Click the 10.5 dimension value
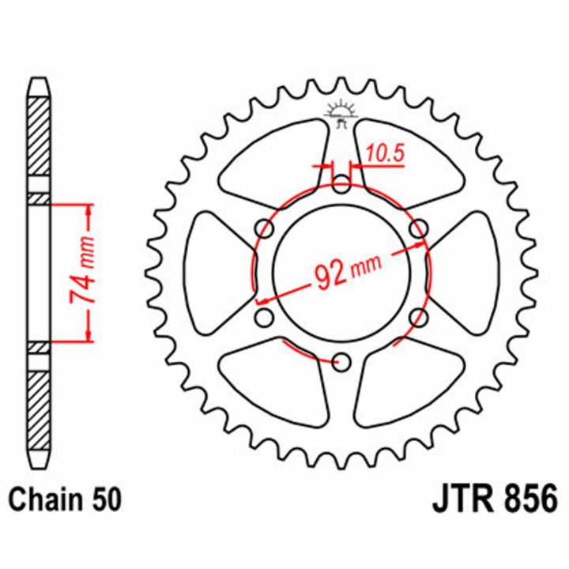385,153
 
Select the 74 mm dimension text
82,269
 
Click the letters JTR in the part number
462,499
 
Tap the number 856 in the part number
530,499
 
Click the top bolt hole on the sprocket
341,183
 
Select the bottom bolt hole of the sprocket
341,362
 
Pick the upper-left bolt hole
264,228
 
